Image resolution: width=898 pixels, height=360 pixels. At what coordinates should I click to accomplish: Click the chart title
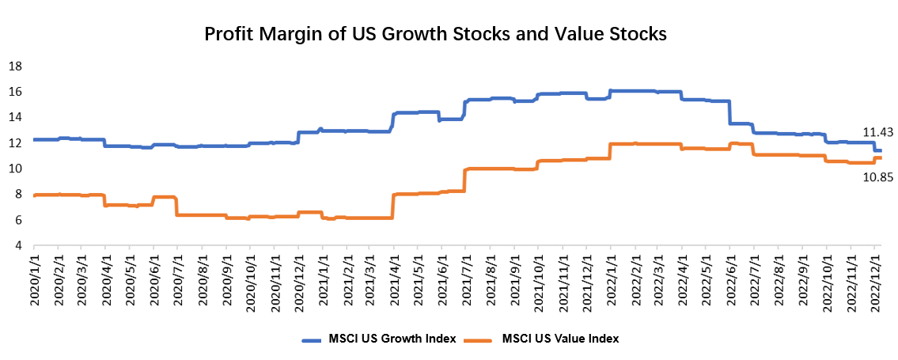436,35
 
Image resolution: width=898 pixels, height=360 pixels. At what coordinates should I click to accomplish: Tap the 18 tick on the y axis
14,66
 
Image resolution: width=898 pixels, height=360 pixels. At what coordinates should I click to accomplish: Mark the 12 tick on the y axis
14,143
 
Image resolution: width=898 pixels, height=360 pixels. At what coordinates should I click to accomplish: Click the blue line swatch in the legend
316,339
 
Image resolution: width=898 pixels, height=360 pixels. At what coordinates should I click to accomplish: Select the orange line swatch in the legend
479,339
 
